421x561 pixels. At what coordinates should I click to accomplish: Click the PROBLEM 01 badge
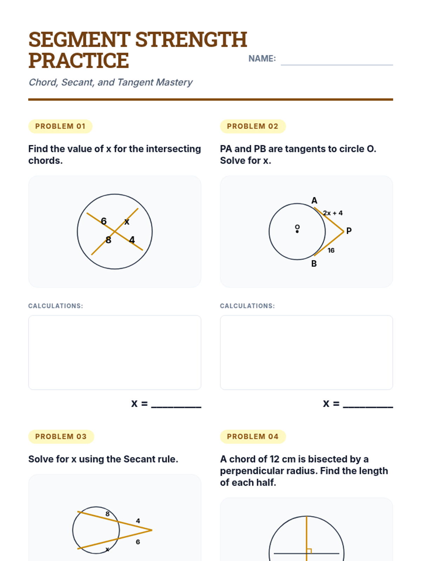coord(60,126)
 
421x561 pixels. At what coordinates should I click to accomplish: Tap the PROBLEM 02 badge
coord(253,126)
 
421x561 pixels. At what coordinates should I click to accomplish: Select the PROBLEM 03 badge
coord(61,436)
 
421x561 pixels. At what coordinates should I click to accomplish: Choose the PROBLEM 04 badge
coord(253,436)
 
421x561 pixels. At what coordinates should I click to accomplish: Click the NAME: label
coord(262,59)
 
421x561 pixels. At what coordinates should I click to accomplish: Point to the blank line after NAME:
coord(337,65)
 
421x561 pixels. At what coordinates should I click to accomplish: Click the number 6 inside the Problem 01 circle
coord(103,221)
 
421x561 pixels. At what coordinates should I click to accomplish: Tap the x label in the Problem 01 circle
coord(127,222)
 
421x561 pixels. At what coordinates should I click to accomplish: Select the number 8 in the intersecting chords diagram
coord(108,240)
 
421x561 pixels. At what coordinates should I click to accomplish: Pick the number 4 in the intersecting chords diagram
coord(132,240)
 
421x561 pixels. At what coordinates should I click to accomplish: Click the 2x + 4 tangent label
coord(333,213)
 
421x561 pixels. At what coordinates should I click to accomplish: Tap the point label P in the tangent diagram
coord(349,231)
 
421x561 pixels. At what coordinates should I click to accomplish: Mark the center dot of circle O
coord(297,231)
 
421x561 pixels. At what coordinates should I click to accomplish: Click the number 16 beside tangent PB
coord(331,250)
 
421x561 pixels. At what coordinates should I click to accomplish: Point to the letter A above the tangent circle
coord(314,200)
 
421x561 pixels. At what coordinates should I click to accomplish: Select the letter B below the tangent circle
coord(314,264)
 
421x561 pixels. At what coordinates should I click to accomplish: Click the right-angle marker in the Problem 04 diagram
coord(309,551)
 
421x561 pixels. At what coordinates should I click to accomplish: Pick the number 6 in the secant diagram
coord(138,542)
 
